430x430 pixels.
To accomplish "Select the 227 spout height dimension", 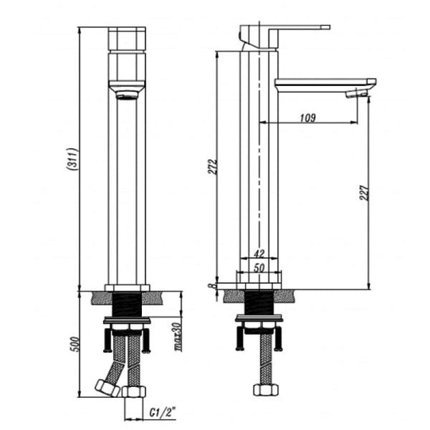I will tap(364, 191).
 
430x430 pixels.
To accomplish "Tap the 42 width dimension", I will tap(259, 254).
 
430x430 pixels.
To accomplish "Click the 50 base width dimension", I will tap(259, 267).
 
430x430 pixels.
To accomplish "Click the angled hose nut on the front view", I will tap(108, 386).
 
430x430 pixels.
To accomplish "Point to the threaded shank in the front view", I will tap(127, 304).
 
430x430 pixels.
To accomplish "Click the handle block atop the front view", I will tap(127, 39).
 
